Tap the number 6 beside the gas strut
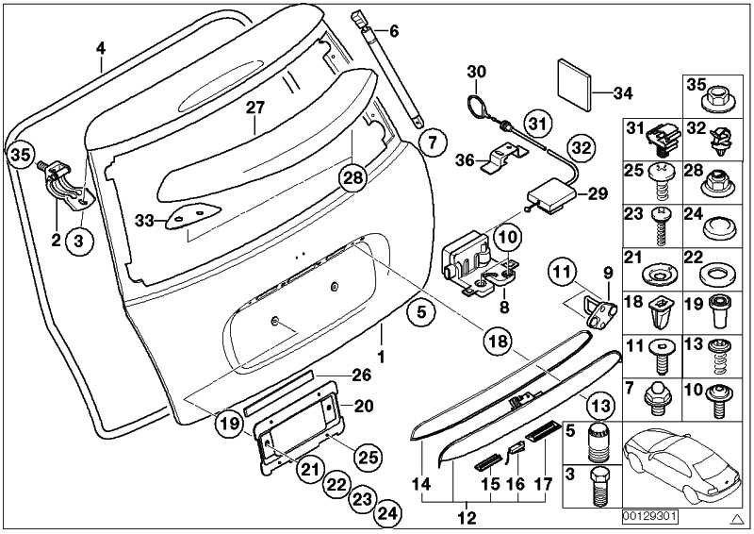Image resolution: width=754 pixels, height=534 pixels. pos(394,31)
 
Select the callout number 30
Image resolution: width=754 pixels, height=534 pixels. pos(476,71)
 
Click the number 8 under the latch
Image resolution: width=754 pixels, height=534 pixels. pos(505,306)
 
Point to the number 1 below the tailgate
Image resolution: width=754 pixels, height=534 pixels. pos(383,359)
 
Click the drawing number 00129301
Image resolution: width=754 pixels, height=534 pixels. pos(650,517)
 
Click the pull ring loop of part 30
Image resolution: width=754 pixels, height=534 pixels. pos(475,100)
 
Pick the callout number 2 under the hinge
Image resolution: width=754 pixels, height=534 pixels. pos(57,240)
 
